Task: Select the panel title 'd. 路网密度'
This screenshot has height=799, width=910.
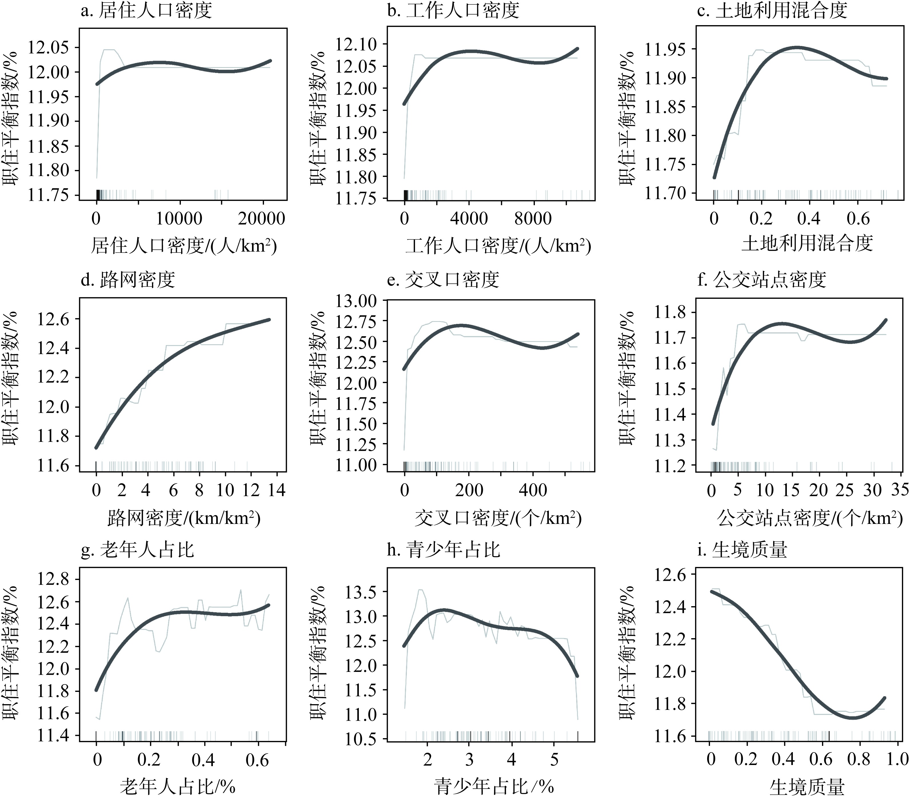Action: (128, 280)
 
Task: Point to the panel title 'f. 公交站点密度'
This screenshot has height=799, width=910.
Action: (761, 280)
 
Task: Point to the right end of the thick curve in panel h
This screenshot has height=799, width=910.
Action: (577, 676)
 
